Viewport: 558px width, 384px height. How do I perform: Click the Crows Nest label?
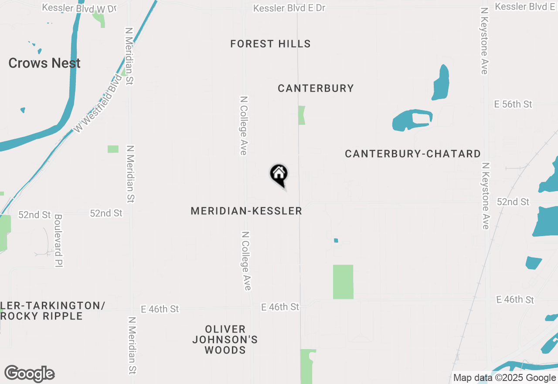[44, 63]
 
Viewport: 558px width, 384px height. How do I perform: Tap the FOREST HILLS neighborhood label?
[270, 44]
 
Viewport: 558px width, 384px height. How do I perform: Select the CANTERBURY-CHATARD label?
[412, 154]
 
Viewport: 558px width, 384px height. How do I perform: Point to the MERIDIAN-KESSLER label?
[246, 211]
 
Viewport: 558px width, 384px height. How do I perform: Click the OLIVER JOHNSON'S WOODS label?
[225, 339]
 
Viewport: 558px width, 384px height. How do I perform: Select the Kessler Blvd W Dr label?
[80, 8]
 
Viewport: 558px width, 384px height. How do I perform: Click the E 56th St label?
[513, 104]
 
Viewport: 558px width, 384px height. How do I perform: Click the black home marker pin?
[279, 175]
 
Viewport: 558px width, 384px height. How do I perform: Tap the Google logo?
[30, 374]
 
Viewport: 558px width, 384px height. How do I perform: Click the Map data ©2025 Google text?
[504, 378]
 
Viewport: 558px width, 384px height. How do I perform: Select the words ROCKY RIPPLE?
[42, 316]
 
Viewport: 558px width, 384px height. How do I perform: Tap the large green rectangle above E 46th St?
[343, 281]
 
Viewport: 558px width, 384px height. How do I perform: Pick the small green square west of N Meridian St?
[113, 149]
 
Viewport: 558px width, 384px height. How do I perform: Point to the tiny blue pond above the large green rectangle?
[336, 240]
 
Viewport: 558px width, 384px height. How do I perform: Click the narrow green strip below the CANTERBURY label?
[301, 115]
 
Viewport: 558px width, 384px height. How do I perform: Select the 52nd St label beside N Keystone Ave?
[513, 202]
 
